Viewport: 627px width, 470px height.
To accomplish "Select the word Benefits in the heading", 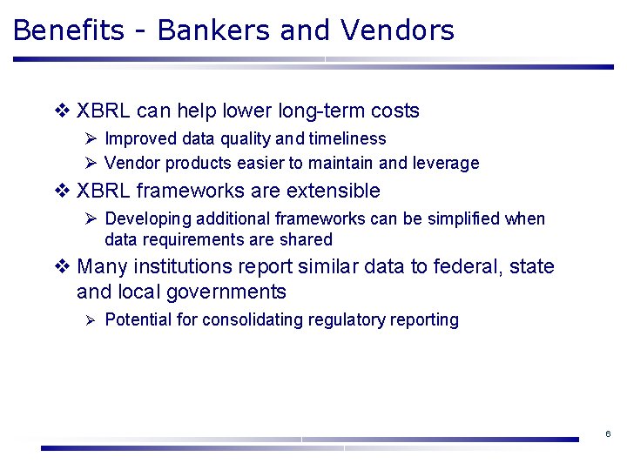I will tap(69, 30).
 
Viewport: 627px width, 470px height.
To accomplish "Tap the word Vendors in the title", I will tap(398, 30).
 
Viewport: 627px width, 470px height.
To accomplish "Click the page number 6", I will tap(607, 433).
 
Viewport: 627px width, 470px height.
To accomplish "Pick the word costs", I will tap(395, 111).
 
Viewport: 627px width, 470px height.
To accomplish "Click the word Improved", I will tap(139, 139).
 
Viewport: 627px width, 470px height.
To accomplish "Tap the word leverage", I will tap(445, 164).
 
